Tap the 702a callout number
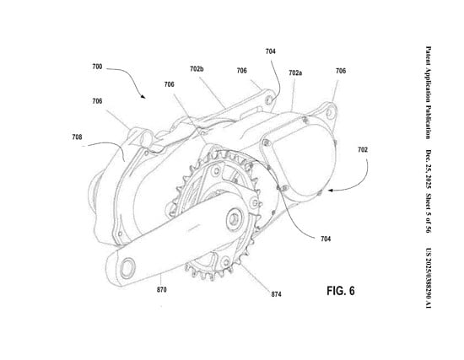click(296, 74)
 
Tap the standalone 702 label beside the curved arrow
click(362, 150)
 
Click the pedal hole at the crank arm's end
click(126, 267)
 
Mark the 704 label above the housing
click(270, 51)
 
